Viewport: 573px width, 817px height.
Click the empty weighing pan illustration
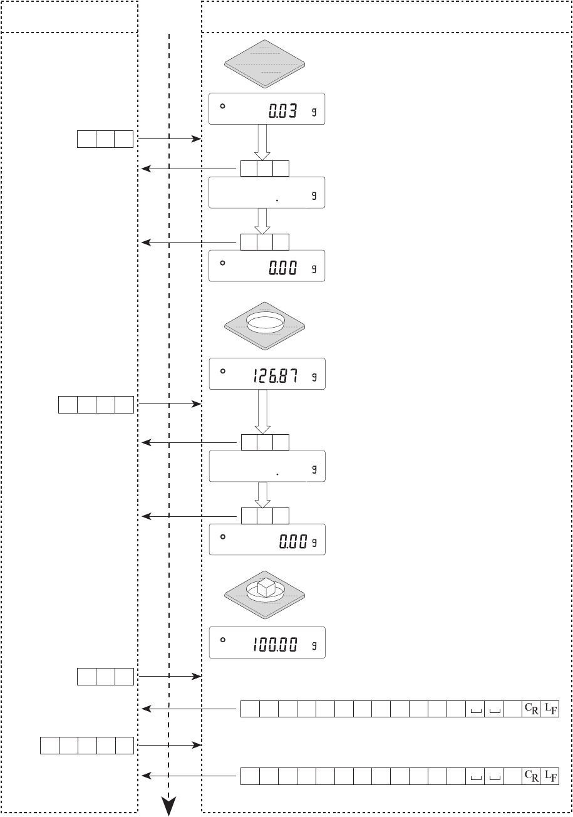pos(265,64)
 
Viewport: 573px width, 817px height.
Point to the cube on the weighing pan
pos(266,587)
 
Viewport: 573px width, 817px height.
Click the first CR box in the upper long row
pos(531,709)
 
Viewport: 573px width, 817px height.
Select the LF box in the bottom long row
pos(550,776)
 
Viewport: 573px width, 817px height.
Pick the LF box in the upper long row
pos(550,709)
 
